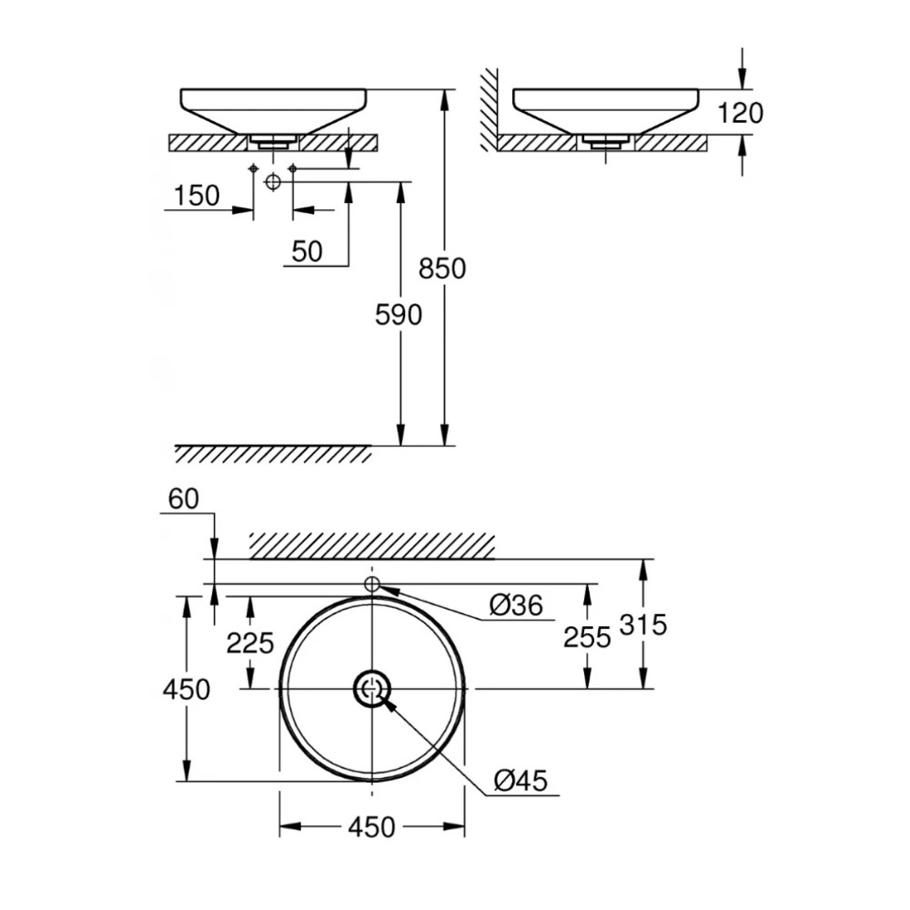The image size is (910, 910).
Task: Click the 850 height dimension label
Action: [x=442, y=269]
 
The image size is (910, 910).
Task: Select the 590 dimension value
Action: [x=399, y=315]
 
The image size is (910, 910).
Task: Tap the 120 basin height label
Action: [x=740, y=113]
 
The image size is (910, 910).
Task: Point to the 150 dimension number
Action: [x=196, y=196]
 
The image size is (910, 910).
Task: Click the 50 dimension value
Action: [x=308, y=251]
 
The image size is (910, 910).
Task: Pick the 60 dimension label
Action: [x=183, y=498]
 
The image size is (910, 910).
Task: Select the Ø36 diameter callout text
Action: [x=515, y=604]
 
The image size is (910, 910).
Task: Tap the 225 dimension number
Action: [x=249, y=643]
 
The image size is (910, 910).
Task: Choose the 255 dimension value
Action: [x=587, y=637]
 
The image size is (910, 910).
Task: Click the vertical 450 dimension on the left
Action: [x=186, y=689]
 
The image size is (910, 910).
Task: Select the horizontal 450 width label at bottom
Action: [x=372, y=827]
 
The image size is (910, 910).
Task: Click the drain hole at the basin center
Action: [x=372, y=689]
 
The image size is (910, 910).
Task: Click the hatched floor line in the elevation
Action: [x=273, y=453]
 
